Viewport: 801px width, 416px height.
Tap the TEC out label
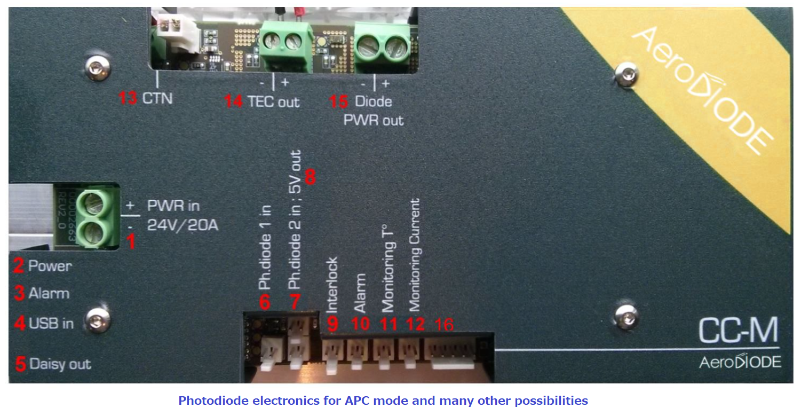coord(273,101)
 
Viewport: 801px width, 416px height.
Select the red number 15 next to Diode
coord(340,101)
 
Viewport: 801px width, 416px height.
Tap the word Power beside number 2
coord(50,266)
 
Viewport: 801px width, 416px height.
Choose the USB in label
coord(51,323)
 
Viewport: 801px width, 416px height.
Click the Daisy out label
coord(60,364)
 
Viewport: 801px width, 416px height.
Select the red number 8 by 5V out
coord(310,177)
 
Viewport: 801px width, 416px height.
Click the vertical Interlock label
coord(332,285)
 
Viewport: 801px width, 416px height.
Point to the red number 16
coord(445,324)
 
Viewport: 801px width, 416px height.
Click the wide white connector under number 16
coord(451,355)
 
